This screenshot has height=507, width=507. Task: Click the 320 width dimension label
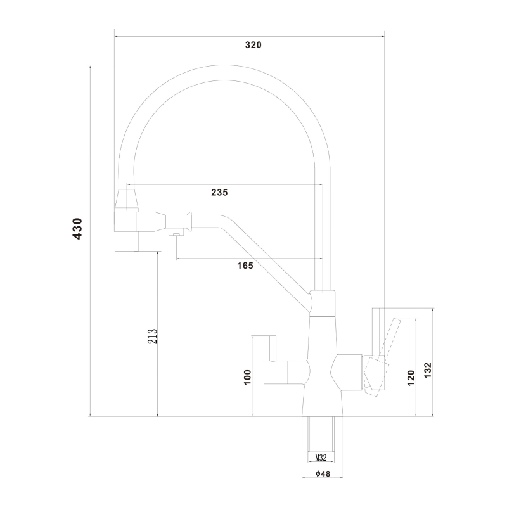click(253, 45)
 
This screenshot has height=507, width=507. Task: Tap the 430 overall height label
click(77, 229)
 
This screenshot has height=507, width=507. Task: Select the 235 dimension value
click(219, 193)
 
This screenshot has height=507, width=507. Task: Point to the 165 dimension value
click(245, 266)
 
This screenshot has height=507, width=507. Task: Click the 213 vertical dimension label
click(152, 336)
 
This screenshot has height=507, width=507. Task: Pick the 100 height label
click(247, 377)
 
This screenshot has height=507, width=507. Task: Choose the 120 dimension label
click(411, 378)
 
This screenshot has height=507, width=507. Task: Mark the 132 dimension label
click(427, 371)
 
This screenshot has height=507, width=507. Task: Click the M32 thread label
click(321, 458)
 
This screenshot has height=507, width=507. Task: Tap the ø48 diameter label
click(323, 473)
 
